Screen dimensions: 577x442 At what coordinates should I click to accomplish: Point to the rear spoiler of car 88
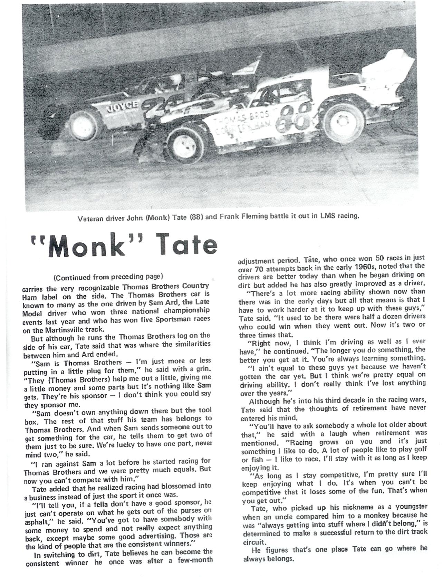tap(390, 69)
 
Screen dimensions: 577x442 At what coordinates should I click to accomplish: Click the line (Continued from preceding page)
tap(108, 277)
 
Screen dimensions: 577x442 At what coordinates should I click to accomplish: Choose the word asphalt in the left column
tap(39, 521)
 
